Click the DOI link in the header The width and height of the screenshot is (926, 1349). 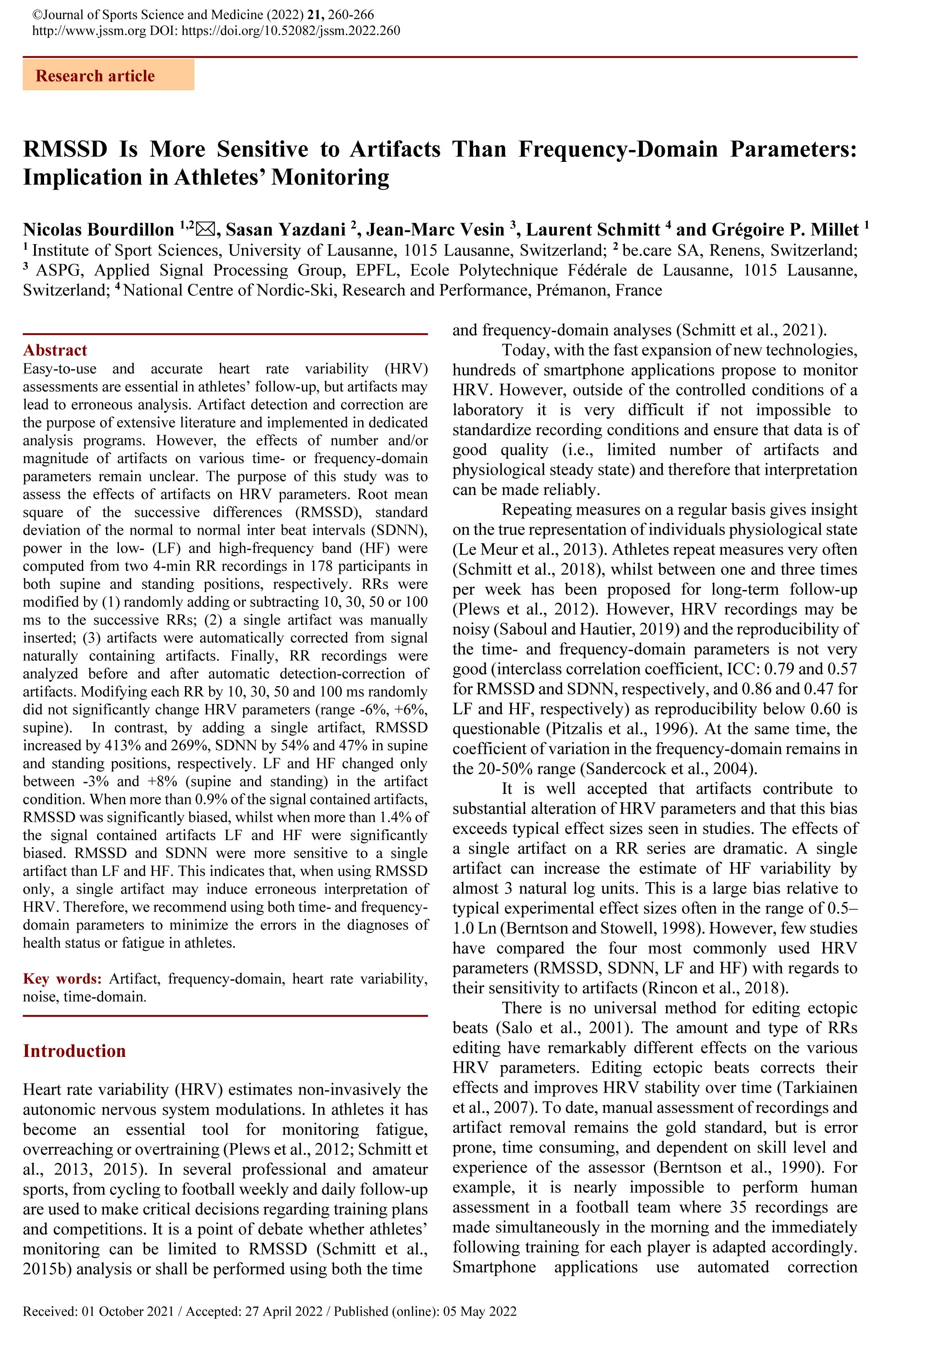tap(291, 31)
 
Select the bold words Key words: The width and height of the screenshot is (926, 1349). tap(62, 979)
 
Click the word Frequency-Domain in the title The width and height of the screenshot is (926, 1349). tap(618, 150)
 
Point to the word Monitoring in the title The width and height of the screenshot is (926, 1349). tap(330, 177)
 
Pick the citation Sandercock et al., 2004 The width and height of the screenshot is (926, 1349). tap(669, 769)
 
